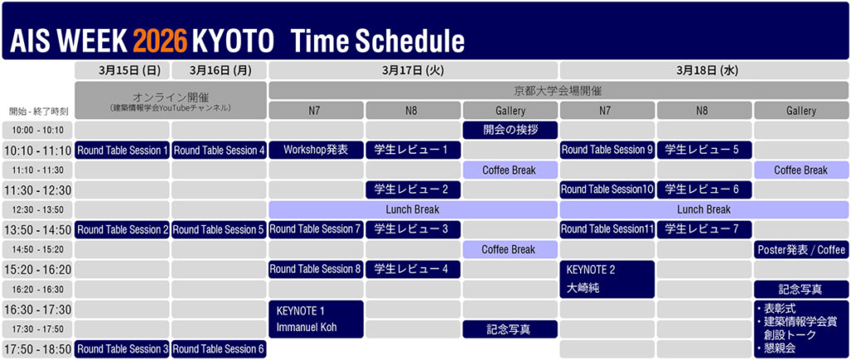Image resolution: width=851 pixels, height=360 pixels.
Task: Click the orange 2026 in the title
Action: point(160,41)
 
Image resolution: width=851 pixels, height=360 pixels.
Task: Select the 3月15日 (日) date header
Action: point(122,70)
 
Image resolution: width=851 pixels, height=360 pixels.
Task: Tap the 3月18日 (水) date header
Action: point(704,70)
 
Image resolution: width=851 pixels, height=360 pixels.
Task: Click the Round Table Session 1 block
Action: point(122,150)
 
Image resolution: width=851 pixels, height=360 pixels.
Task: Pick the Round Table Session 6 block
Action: point(219,349)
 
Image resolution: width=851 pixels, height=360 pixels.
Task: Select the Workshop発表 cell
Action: point(316,150)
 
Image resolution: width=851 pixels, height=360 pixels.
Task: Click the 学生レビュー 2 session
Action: point(413,190)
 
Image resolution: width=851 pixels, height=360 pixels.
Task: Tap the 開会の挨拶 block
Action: point(510,131)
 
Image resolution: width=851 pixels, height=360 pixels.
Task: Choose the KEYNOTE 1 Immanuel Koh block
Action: point(316,319)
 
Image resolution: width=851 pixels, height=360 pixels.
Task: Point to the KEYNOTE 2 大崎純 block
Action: point(608,279)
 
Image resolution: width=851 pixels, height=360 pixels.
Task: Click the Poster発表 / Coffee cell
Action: point(801,249)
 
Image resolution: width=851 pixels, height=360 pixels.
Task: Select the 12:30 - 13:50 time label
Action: point(37,210)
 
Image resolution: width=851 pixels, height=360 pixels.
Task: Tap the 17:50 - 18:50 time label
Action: point(37,349)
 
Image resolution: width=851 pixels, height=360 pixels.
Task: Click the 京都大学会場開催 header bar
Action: point(558,90)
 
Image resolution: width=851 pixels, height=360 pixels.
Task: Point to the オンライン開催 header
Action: point(170,101)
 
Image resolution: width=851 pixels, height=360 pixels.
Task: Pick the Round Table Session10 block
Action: point(608,190)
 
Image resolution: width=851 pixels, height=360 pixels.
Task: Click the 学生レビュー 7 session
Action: point(704,229)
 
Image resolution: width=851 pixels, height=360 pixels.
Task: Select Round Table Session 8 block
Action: point(316,269)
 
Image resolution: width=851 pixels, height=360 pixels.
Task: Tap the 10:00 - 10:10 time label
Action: point(37,131)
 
